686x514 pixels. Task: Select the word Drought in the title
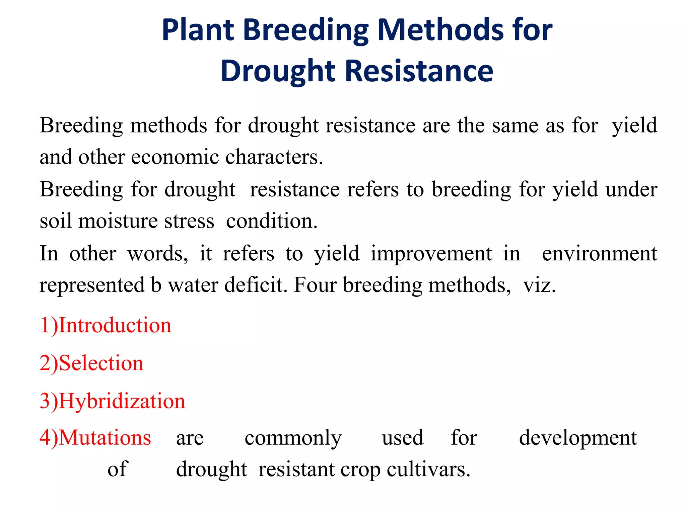pyautogui.click(x=278, y=71)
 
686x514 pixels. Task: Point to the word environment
pyautogui.click(x=599, y=253)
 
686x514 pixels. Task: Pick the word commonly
pyautogui.click(x=293, y=438)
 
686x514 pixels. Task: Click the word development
pyautogui.click(x=578, y=438)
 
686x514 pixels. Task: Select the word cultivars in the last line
pyautogui.click(x=428, y=469)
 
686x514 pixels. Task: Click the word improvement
pyautogui.click(x=431, y=253)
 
